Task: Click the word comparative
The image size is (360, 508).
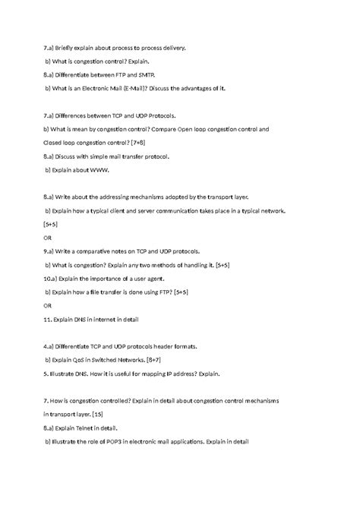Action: (x=104, y=250)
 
